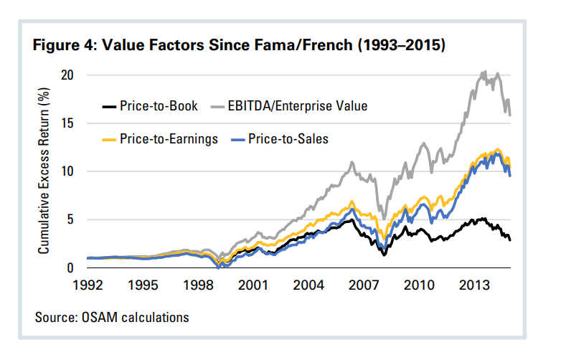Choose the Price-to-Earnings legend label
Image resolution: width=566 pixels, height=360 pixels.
[x=169, y=139]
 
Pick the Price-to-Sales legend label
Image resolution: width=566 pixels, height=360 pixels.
[x=288, y=139]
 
